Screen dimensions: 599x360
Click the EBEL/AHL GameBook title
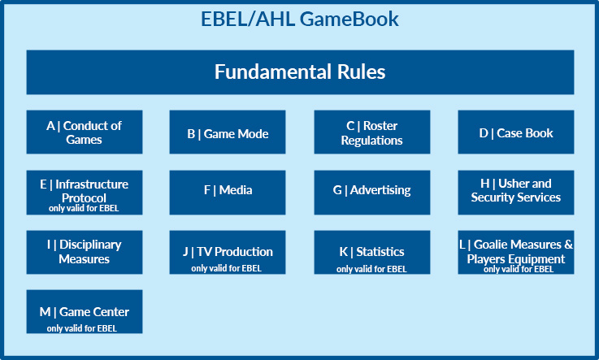[x=299, y=19]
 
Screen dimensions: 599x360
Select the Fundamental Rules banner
[x=300, y=72]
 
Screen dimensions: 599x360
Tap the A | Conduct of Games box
[x=85, y=132]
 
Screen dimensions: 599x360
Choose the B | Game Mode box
[x=228, y=132]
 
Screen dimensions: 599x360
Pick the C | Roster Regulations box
[x=372, y=132]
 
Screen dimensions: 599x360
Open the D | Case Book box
[x=516, y=132]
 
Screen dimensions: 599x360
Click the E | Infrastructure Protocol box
[x=85, y=193]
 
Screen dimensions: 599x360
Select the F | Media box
[x=228, y=193]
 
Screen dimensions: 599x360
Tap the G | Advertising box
[x=372, y=193]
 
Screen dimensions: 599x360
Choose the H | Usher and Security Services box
[x=516, y=193]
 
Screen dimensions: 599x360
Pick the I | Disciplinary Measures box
[x=85, y=252]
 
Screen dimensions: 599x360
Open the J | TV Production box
[x=228, y=252]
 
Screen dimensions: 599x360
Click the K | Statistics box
[x=372, y=252]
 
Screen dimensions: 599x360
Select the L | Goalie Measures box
[x=516, y=252]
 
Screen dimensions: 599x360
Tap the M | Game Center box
[x=85, y=311]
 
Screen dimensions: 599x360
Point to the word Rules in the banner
[x=361, y=72]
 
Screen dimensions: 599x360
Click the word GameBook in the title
[x=349, y=19]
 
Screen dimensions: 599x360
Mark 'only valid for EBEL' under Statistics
[x=371, y=269]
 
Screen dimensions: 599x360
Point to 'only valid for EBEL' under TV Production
[x=226, y=268]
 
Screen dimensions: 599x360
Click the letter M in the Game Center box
[x=45, y=312]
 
